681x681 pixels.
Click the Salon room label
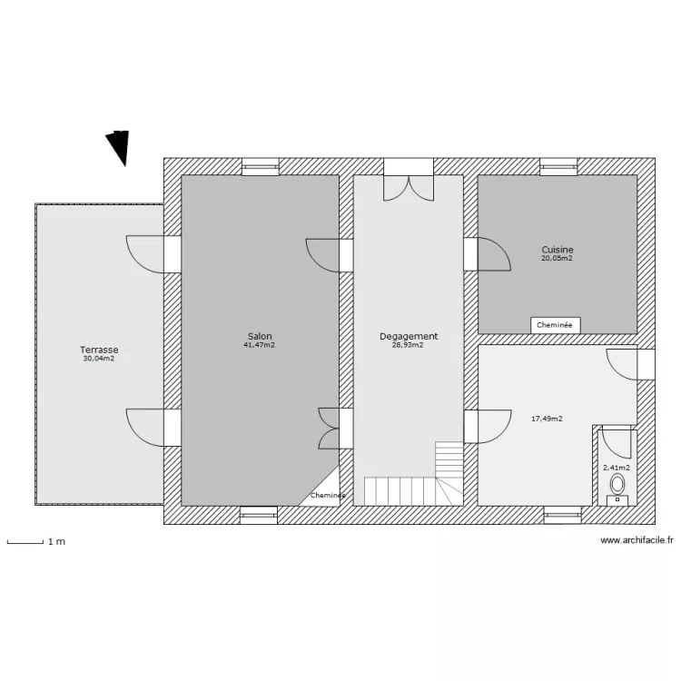click(260, 336)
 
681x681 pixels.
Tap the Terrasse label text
click(99, 350)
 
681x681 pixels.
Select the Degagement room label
click(409, 336)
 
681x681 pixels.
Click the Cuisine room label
click(558, 250)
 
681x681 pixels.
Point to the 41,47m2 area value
click(260, 345)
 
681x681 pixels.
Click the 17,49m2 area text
click(547, 419)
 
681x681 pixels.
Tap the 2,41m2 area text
click(617, 468)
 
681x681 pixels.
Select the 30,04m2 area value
click(99, 359)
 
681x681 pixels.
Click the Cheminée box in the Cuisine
click(556, 325)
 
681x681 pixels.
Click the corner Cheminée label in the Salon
click(327, 496)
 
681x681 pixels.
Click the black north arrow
click(119, 148)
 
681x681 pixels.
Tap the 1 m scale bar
click(26, 542)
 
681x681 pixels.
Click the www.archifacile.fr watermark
click(637, 540)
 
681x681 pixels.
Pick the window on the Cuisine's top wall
click(558, 167)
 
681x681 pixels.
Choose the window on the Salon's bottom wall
click(259, 515)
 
